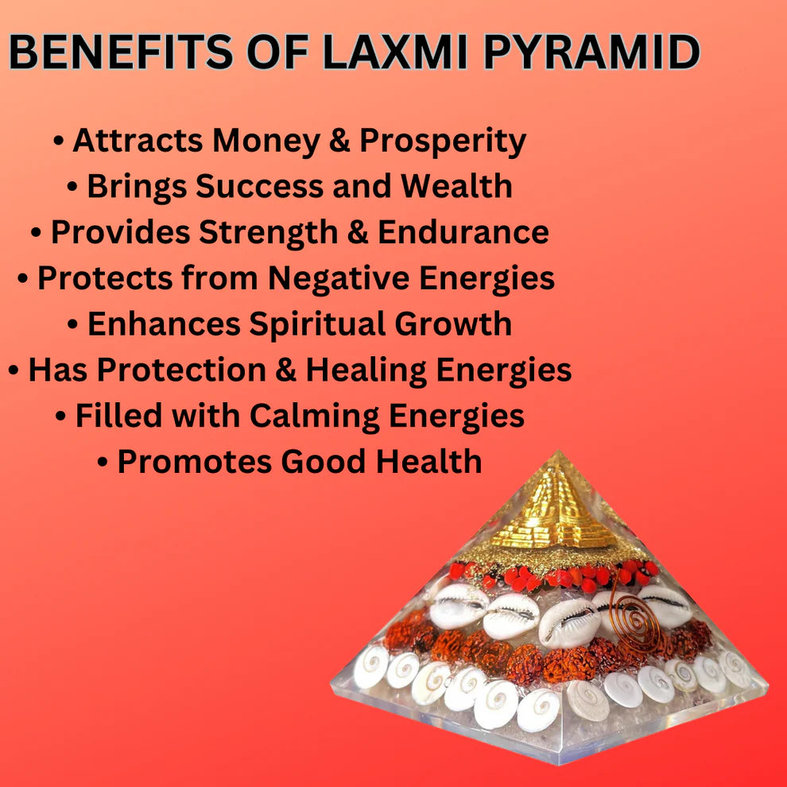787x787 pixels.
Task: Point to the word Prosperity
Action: [443, 142]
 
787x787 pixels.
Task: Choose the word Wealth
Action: [456, 187]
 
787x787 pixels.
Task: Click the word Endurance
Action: [463, 232]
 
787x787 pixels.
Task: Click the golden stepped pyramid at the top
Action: [556, 509]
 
